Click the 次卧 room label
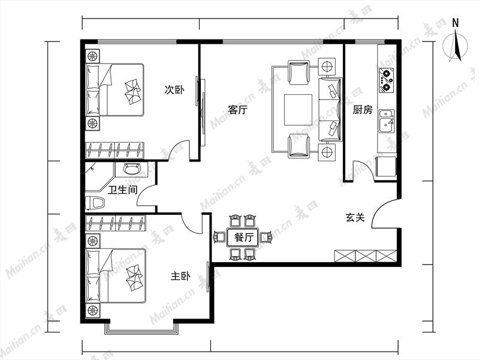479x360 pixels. [x=174, y=90]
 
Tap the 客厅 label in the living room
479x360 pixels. [x=238, y=109]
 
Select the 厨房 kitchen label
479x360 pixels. [x=363, y=109]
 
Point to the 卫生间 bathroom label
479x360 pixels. [x=123, y=190]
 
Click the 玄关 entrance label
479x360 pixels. [x=356, y=217]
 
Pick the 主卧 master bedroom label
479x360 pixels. [x=180, y=276]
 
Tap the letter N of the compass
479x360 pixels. [x=456, y=23]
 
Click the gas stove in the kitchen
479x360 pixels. [x=386, y=80]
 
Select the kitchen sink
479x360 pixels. [x=387, y=121]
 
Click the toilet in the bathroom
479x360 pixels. [x=95, y=202]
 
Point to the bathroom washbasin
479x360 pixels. [x=132, y=169]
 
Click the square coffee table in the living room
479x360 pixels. [x=298, y=110]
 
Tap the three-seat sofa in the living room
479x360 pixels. [x=330, y=109]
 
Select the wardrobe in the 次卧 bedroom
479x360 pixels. [x=115, y=151]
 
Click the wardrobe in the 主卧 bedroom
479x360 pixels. [x=116, y=223]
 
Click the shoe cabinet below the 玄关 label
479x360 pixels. [x=365, y=256]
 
